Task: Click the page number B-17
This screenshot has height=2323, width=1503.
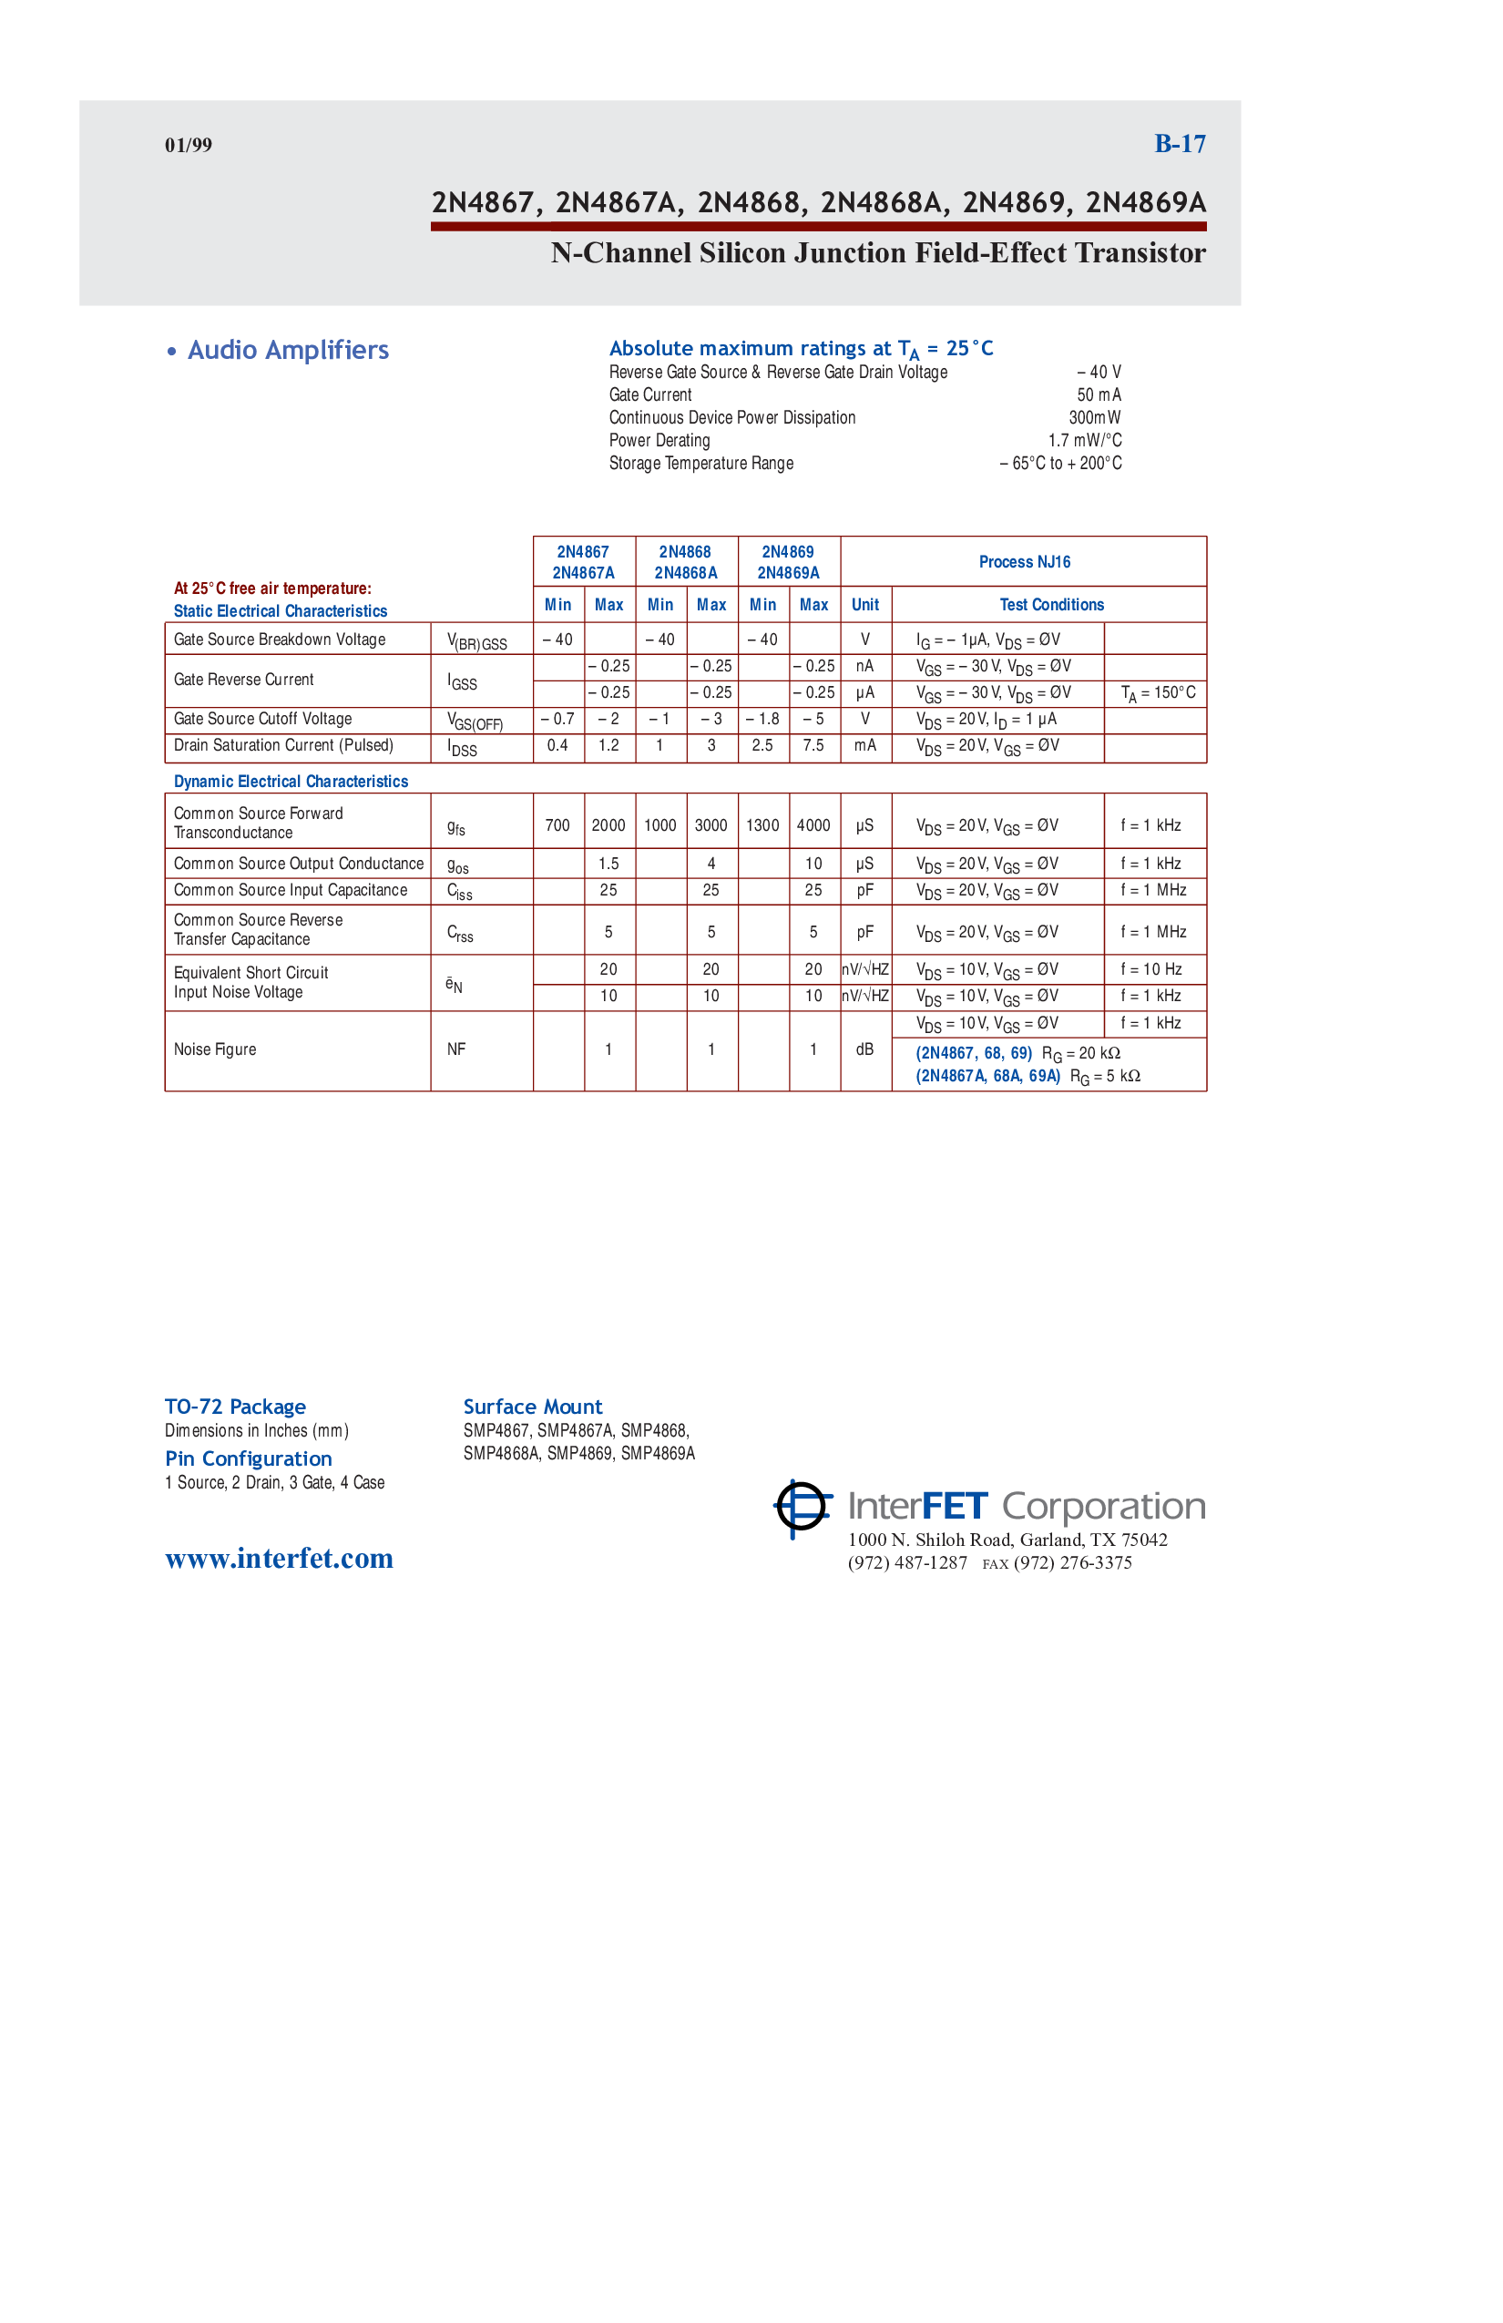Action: tap(1179, 145)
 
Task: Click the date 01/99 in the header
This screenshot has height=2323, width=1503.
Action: tap(189, 146)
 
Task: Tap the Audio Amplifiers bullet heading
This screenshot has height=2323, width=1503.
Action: tap(288, 351)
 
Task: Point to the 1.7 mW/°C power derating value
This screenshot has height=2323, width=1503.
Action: tap(1084, 440)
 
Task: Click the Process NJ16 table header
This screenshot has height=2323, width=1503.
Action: tap(1024, 562)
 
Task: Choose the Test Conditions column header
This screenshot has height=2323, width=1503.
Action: tap(1051, 605)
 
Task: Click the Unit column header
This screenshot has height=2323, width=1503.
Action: tap(864, 605)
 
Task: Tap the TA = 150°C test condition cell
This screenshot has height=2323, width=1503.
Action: tap(1157, 693)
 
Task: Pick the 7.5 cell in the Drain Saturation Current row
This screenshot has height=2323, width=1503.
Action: tap(813, 746)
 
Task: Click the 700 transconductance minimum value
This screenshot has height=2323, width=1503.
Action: tap(557, 825)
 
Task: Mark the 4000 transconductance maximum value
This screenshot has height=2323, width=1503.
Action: tap(813, 825)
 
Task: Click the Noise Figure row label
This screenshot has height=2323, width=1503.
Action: tap(215, 1050)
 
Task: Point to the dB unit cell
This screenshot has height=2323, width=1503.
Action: tap(864, 1050)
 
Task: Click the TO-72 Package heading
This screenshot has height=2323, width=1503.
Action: tap(235, 1407)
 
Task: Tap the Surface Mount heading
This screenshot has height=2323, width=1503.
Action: tap(533, 1407)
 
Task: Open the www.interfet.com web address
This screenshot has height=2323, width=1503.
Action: tap(279, 1559)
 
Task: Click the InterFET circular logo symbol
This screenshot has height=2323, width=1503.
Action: tap(803, 1508)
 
